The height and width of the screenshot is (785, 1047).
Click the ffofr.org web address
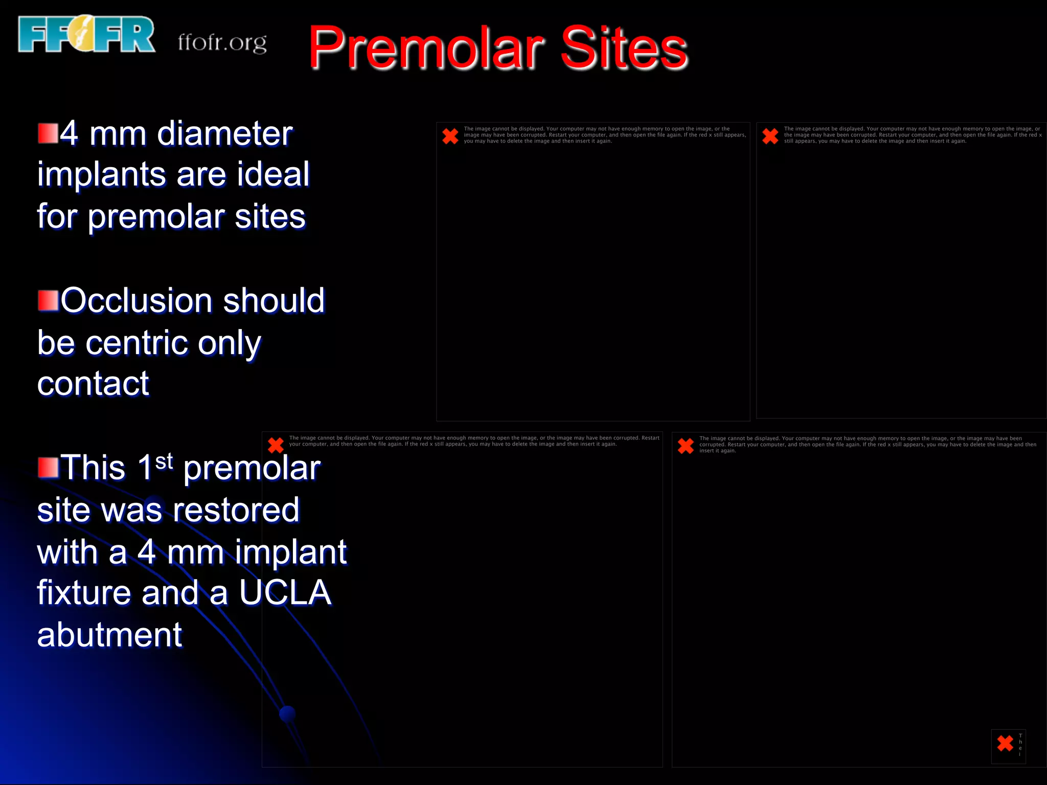click(x=222, y=42)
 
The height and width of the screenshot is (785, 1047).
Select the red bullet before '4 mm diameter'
click(x=48, y=133)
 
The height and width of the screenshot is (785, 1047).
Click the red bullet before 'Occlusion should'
click(x=48, y=301)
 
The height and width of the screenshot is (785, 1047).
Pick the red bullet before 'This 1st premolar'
click(x=48, y=467)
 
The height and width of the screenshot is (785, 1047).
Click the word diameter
click(x=224, y=134)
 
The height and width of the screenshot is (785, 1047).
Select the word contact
click(x=93, y=384)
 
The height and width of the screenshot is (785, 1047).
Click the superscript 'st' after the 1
click(x=164, y=461)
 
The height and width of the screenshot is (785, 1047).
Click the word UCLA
click(x=285, y=593)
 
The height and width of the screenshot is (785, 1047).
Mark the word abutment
click(x=109, y=635)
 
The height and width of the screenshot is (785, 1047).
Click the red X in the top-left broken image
click(x=450, y=136)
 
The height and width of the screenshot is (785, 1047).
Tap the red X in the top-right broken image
click(x=770, y=136)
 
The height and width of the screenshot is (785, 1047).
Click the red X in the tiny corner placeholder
click(x=1005, y=743)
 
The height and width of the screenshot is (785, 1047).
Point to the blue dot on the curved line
click(x=287, y=713)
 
